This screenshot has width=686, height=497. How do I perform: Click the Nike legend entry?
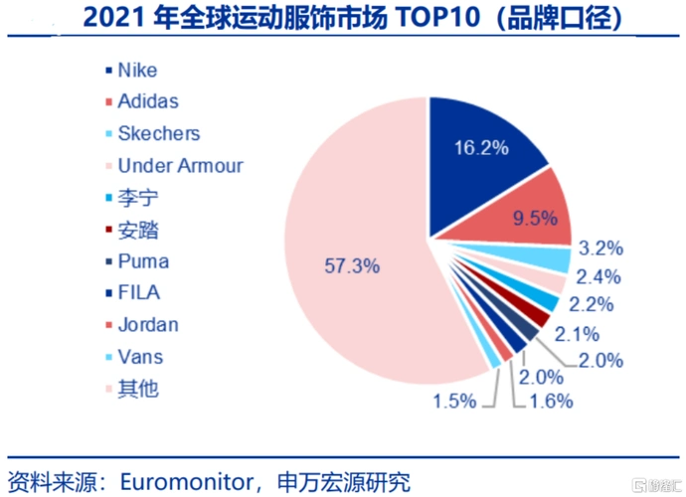click(x=136, y=71)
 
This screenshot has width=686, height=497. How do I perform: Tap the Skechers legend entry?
click(x=157, y=133)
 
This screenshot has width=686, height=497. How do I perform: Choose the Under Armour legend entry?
click(x=179, y=166)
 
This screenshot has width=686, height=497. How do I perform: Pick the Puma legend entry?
click(x=142, y=261)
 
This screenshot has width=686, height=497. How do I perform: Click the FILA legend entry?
click(x=138, y=292)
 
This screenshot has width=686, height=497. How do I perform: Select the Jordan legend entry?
click(x=147, y=324)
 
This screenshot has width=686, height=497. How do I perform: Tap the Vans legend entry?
click(x=139, y=356)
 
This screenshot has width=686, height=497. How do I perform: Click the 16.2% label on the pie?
click(x=481, y=148)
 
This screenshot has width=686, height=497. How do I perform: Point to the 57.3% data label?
click(x=356, y=266)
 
